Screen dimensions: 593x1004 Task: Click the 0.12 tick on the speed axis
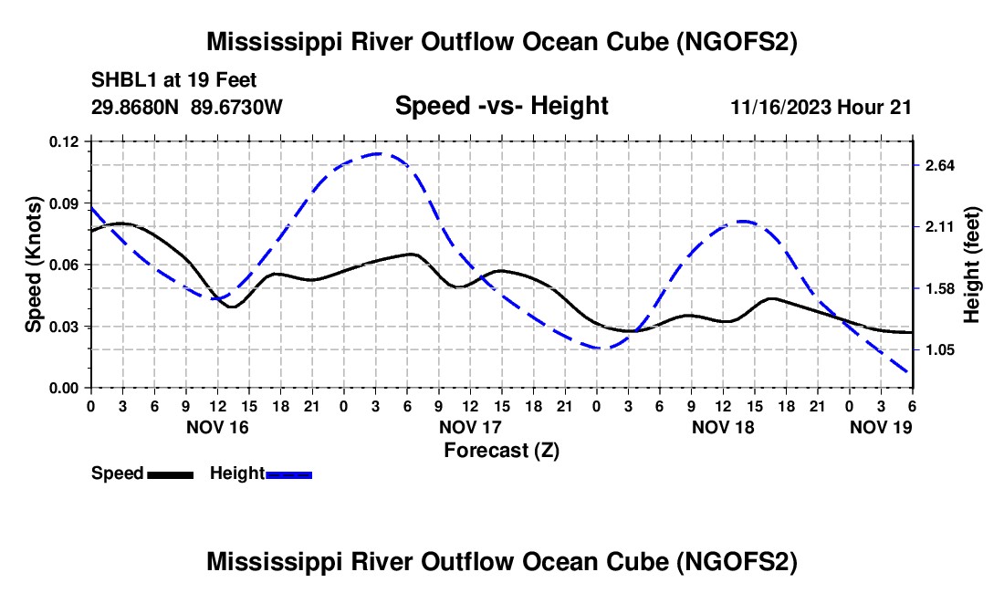(x=65, y=141)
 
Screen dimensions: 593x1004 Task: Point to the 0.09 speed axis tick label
(x=65, y=203)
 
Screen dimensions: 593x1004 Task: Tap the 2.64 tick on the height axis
(x=939, y=165)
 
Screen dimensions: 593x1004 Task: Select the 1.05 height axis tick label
(x=939, y=350)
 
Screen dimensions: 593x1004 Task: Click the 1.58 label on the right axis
(x=939, y=289)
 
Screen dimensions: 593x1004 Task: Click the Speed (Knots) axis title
(x=34, y=265)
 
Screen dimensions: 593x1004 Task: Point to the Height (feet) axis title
(x=971, y=265)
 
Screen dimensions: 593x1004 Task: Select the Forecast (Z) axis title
(x=501, y=450)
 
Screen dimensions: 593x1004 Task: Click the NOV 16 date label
(x=216, y=427)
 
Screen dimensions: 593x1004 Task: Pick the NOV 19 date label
(x=881, y=427)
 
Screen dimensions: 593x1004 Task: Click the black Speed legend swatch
(x=170, y=474)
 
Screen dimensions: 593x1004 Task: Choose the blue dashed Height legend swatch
(x=289, y=474)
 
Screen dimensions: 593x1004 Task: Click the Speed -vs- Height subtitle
(x=501, y=107)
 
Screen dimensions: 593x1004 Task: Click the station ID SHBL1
(x=120, y=81)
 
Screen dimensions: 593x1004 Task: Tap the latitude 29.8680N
(x=136, y=108)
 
